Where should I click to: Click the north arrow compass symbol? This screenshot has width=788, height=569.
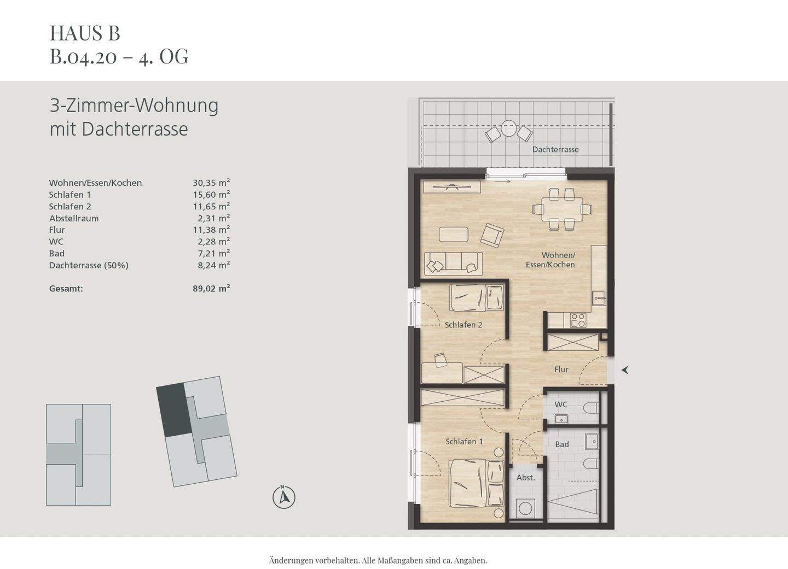283,497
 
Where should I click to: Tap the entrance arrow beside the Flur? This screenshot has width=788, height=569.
624,370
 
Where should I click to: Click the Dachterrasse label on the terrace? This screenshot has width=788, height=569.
555,149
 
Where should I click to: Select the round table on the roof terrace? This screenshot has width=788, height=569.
509,129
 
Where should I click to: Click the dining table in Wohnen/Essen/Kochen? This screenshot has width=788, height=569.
562,209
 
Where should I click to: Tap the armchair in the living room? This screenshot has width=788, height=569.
492,235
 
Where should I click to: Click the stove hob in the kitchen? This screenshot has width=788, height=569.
578,320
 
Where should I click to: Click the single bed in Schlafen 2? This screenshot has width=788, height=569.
476,298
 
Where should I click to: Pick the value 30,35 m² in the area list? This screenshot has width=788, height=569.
211,183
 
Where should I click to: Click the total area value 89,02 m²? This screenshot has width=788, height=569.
211,289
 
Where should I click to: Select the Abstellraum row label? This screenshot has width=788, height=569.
74,218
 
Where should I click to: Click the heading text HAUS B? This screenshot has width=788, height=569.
85,33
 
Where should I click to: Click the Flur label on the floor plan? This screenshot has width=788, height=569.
561,369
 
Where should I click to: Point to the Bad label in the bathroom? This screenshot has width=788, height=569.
562,444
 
